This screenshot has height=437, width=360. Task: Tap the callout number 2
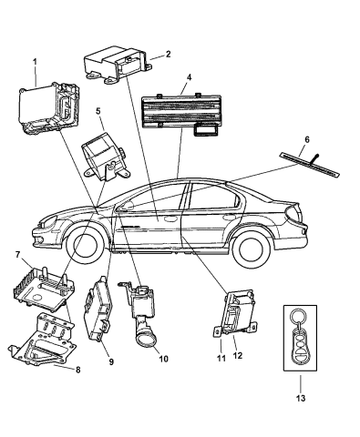[167, 56]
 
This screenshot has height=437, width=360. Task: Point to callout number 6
[307, 140]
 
